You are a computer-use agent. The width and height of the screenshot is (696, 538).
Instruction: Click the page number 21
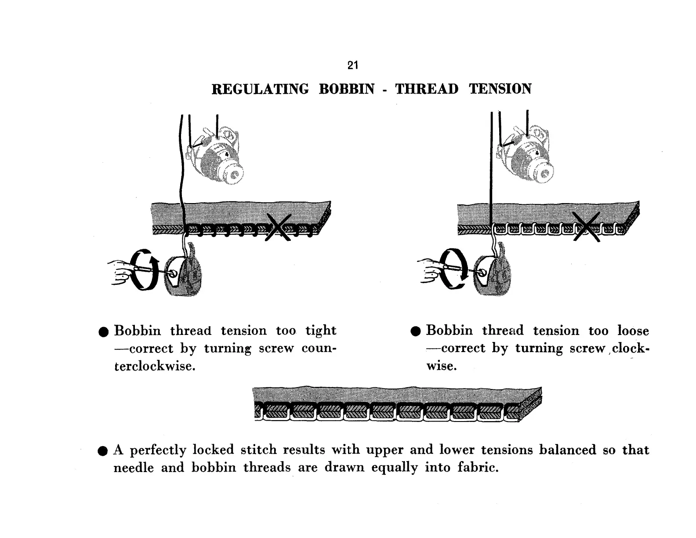click(x=352, y=65)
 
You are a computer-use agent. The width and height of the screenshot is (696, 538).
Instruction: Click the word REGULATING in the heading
click(x=260, y=89)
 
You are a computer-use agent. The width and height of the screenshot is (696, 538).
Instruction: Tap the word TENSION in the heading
click(x=500, y=89)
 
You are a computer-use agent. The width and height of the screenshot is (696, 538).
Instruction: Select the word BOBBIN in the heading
click(x=347, y=89)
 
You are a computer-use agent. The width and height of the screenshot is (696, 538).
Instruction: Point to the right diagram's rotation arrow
click(x=453, y=269)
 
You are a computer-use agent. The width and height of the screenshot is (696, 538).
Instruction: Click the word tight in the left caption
click(x=321, y=331)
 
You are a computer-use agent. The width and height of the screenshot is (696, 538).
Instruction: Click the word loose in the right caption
click(x=633, y=331)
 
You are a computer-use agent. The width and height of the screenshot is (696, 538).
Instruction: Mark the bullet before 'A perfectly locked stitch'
click(x=103, y=451)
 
